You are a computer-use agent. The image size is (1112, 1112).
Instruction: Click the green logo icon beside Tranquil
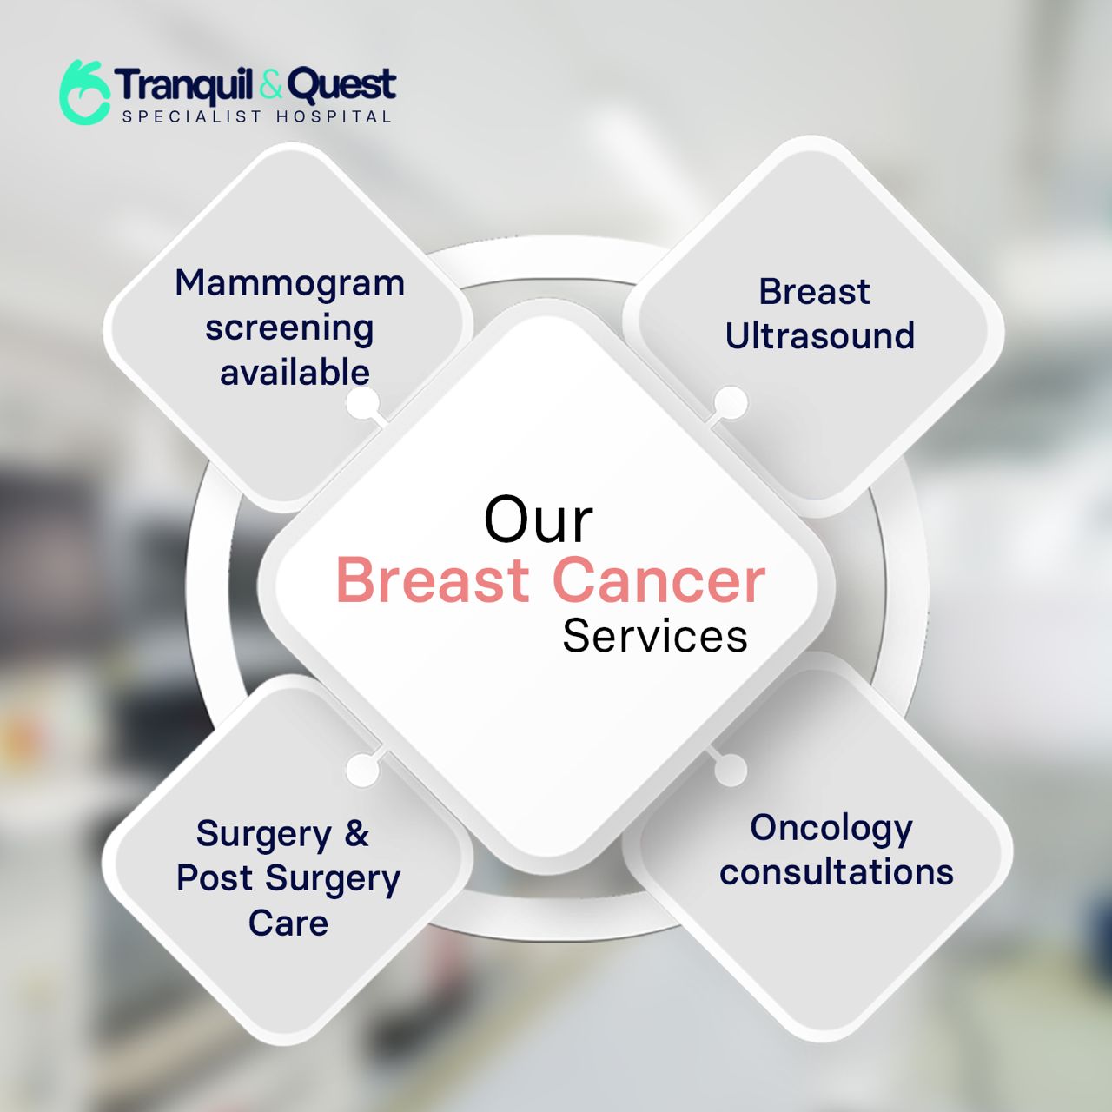pyautogui.click(x=85, y=92)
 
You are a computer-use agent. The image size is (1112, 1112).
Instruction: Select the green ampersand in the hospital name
pyautogui.click(x=272, y=84)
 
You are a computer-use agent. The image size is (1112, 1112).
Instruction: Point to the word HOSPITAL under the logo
pyautogui.click(x=334, y=116)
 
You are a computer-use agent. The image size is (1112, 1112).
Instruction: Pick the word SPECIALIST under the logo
pyautogui.click(x=192, y=116)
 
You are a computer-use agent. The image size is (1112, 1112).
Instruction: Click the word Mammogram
pyautogui.click(x=289, y=283)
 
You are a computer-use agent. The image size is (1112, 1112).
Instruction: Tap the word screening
pyautogui.click(x=289, y=329)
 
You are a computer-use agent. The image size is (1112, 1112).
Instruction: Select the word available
pyautogui.click(x=295, y=372)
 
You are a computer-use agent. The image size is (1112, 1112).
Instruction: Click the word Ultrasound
pyautogui.click(x=820, y=335)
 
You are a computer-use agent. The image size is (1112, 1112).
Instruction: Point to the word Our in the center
pyautogui.click(x=539, y=520)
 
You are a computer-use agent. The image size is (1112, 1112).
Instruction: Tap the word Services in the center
pyautogui.click(x=655, y=636)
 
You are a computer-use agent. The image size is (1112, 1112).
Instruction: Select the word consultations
pyautogui.click(x=836, y=871)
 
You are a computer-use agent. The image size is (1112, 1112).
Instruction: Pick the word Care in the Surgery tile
pyautogui.click(x=288, y=922)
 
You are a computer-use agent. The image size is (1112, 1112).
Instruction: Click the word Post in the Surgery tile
pyautogui.click(x=215, y=877)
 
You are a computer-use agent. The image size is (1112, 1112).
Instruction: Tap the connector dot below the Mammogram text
pyautogui.click(x=363, y=403)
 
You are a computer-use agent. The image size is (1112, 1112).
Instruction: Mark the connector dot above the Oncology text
pyautogui.click(x=731, y=769)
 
